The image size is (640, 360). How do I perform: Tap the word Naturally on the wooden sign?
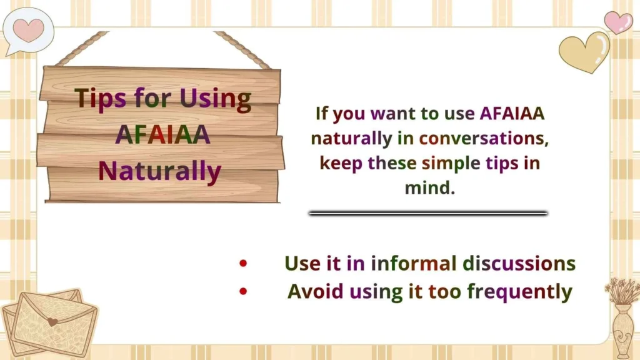point(160,171)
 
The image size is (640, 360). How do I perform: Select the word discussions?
point(519,263)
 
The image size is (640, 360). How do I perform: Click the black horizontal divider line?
point(428,213)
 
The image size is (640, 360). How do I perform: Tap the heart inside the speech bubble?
point(29,29)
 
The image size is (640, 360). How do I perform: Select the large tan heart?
point(582,52)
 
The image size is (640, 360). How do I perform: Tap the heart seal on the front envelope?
point(53,322)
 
